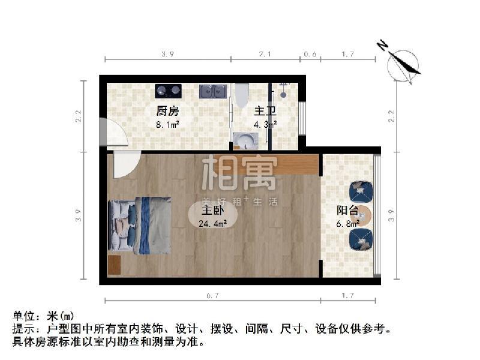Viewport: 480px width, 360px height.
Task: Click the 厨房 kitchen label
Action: [x=167, y=111]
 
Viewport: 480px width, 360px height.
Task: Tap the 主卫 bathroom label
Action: [x=264, y=111]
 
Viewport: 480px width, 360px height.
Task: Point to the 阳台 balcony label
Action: [x=347, y=211]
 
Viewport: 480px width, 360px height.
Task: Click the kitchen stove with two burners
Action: [x=169, y=91]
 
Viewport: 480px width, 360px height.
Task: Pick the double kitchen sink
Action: [x=213, y=91]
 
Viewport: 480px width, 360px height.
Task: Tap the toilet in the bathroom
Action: [x=242, y=94]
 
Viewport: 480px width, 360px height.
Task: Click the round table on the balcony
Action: [x=364, y=216]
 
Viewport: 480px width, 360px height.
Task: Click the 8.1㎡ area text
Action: [x=167, y=125]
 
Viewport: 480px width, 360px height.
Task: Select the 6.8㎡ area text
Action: [x=347, y=223]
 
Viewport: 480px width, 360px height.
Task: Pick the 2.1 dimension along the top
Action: [x=265, y=55]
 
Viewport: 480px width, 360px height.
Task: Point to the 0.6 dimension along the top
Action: [x=310, y=55]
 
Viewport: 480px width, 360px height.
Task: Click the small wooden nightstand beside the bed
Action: [x=115, y=265]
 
